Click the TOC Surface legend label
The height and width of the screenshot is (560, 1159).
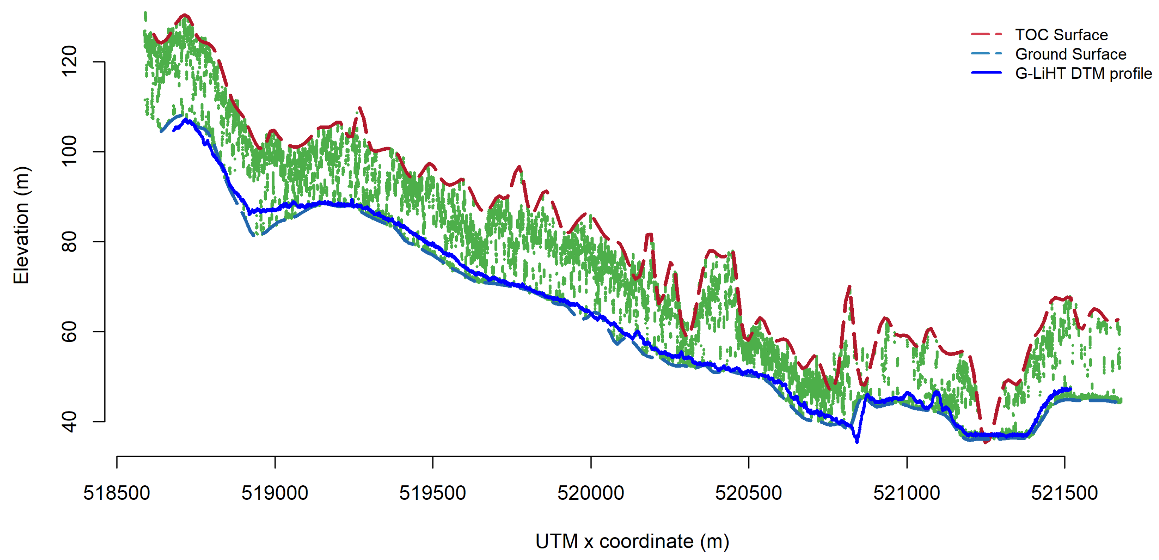[1061, 35]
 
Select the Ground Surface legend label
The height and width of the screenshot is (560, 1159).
[1070, 54]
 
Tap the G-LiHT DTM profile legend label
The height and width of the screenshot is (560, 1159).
[1083, 73]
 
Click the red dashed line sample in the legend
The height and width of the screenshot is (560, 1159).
[986, 34]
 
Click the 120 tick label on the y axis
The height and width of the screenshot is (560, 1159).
[69, 62]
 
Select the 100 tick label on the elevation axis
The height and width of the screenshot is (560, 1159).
[69, 152]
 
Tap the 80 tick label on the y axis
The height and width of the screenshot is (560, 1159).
[69, 242]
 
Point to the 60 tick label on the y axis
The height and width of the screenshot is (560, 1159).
[69, 332]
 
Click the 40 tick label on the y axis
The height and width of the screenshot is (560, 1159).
[69, 422]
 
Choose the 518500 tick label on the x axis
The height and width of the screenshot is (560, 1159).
[116, 493]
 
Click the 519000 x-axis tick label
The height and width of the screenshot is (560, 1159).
[274, 493]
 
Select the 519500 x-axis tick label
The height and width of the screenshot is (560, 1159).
[433, 493]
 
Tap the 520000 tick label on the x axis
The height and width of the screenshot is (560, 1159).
[590, 493]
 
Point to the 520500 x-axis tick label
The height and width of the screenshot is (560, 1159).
[748, 493]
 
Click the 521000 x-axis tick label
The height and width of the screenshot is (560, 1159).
[906, 493]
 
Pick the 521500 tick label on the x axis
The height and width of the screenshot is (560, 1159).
[1064, 493]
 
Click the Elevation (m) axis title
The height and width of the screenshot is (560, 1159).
[21, 225]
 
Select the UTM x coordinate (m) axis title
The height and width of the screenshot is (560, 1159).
[632, 541]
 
